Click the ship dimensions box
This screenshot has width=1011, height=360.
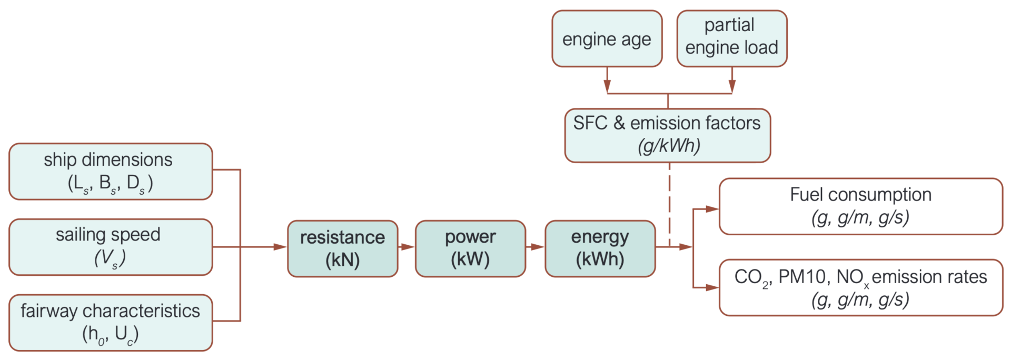[x=111, y=172]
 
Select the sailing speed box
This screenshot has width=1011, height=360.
[x=111, y=247]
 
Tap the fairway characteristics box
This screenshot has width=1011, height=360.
[x=111, y=323]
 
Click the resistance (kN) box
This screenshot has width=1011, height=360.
[x=342, y=248]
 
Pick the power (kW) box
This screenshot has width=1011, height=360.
[x=470, y=248]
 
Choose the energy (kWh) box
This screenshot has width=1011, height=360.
[x=600, y=248]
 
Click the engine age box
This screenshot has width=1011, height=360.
[x=607, y=39]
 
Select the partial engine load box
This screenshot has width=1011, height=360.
[x=731, y=39]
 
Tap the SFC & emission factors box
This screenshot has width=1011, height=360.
[x=667, y=135]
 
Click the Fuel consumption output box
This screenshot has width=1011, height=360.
[x=860, y=206]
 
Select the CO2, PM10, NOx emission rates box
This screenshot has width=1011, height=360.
[x=860, y=287]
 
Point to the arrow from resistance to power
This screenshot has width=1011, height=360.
[x=407, y=247]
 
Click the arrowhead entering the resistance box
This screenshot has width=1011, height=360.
[x=281, y=247]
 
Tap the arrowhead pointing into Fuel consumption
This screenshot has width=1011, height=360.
[x=712, y=209]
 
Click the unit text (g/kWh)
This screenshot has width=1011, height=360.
[x=669, y=146]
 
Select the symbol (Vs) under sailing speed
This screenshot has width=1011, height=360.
[x=110, y=258]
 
